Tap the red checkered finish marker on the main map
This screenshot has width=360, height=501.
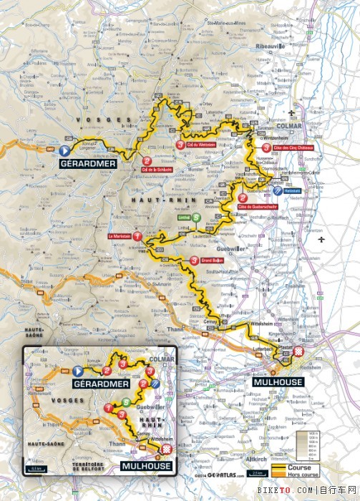click(299, 351)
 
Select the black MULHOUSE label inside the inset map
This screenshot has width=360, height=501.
click(146, 466)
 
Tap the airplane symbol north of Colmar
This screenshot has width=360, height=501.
click(292, 113)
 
